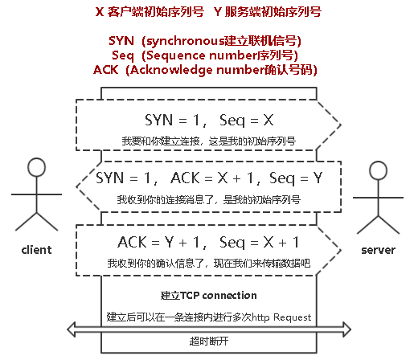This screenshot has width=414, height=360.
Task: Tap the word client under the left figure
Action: [36, 250]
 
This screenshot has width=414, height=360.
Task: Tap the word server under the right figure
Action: [378, 250]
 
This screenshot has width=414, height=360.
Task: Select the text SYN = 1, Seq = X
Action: [209, 120]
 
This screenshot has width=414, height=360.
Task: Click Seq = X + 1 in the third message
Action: [259, 243]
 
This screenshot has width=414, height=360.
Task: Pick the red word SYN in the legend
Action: [121, 41]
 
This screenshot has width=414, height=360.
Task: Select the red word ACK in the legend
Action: [105, 70]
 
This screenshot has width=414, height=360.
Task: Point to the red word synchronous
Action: [186, 41]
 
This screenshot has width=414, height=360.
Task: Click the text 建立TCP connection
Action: [208, 295]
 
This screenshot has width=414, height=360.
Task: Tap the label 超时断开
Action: [209, 342]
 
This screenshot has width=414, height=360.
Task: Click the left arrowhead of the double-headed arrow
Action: [71, 329]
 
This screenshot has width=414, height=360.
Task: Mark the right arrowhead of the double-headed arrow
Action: [346, 329]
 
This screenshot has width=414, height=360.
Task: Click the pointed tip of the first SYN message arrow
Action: [341, 125]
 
